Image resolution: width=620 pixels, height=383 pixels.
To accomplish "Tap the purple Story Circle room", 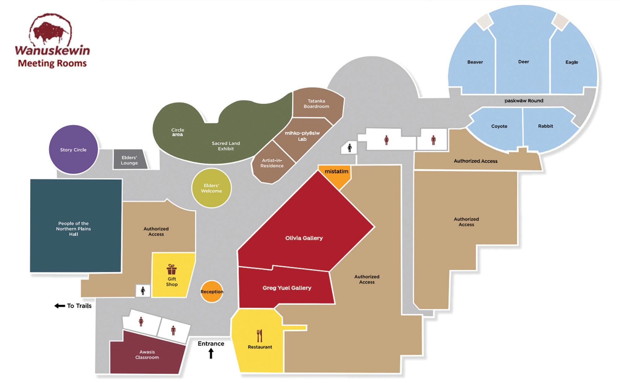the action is tap(73, 149).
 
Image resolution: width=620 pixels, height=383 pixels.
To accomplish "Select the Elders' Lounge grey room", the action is tap(130, 160).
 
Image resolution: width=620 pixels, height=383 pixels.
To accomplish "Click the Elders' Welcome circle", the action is tap(211, 188).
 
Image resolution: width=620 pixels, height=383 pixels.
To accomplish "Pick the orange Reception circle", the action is tap(212, 292).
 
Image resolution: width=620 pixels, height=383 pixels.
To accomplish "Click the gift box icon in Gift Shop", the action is tap(171, 269).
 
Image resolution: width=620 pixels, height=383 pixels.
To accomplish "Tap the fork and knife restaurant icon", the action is tap(260, 336).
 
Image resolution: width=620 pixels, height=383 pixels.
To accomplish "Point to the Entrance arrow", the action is tap(211, 353).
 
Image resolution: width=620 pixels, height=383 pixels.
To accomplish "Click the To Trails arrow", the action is tap(60, 306).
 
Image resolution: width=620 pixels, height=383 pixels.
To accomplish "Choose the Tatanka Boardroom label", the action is tap(316, 104).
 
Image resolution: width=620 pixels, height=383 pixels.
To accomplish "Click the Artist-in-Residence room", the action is tap(272, 163).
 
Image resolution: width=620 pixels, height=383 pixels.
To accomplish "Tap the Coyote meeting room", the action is tap(499, 126).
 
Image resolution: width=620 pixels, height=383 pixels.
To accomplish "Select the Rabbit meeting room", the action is tap(545, 126).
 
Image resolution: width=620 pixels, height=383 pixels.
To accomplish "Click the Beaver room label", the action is tap(475, 62).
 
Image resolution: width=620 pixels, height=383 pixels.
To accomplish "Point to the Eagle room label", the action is tap(572, 62).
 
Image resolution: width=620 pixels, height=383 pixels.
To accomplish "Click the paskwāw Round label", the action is tap(524, 100).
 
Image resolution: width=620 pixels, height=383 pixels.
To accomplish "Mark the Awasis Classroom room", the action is tap(147, 354).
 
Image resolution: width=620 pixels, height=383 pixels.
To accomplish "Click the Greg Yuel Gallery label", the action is tap(287, 288).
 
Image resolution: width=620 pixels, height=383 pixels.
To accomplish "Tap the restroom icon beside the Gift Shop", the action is tap(143, 291).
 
